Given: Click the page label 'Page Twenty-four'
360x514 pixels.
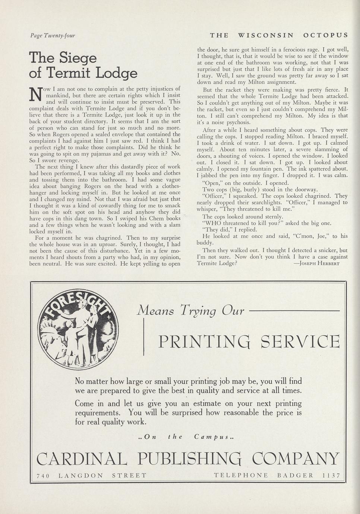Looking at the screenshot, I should (52, 36).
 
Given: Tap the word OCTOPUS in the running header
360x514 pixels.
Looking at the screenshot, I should (326, 35).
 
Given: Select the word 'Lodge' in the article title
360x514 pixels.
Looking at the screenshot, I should (116, 73).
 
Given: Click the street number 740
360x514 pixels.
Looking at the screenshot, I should (43, 476).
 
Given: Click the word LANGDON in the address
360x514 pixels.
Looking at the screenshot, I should (81, 476).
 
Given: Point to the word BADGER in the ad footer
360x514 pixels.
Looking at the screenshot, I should (295, 476).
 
